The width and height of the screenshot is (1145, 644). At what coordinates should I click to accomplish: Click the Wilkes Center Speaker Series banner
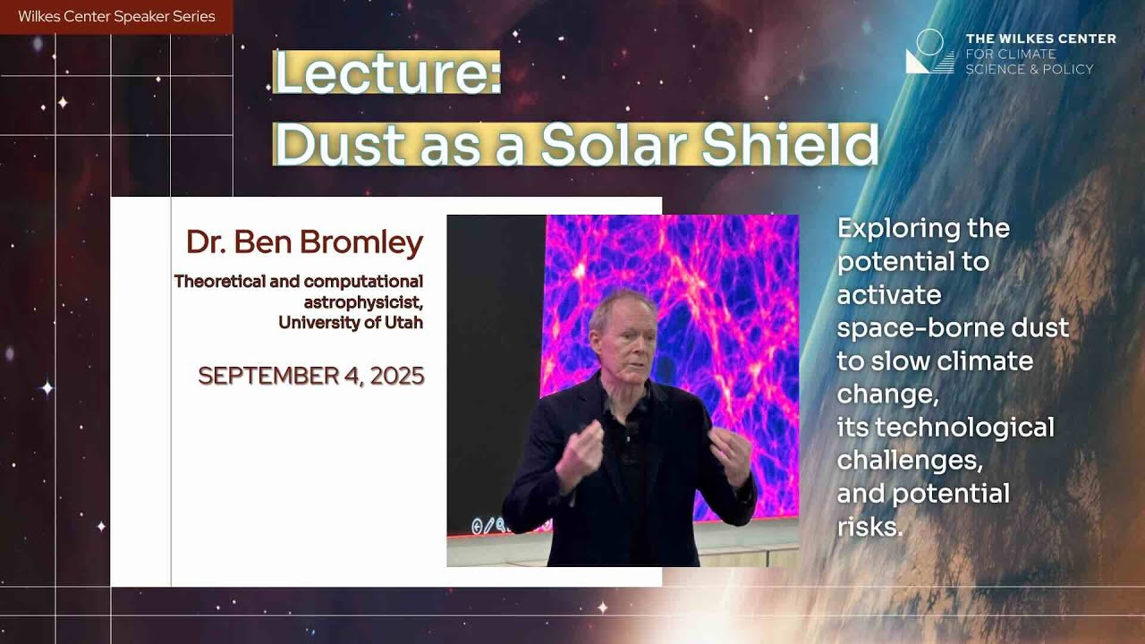click(116, 16)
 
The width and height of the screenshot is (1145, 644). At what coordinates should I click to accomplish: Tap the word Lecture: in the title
click(386, 74)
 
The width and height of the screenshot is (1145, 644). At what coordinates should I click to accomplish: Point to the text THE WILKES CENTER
click(1040, 38)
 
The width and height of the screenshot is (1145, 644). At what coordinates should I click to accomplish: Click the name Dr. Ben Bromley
click(304, 242)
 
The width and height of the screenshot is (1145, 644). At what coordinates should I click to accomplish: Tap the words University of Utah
click(351, 322)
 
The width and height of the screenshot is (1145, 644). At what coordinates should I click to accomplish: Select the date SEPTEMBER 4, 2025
click(311, 376)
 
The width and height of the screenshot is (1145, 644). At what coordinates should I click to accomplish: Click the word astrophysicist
click(363, 301)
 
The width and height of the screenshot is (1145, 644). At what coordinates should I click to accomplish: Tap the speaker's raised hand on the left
click(580, 453)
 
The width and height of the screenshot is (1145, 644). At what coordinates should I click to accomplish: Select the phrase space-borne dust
click(953, 327)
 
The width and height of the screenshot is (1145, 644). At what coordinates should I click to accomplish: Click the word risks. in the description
click(869, 527)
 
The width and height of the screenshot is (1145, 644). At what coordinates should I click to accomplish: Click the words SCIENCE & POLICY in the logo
click(1029, 69)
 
